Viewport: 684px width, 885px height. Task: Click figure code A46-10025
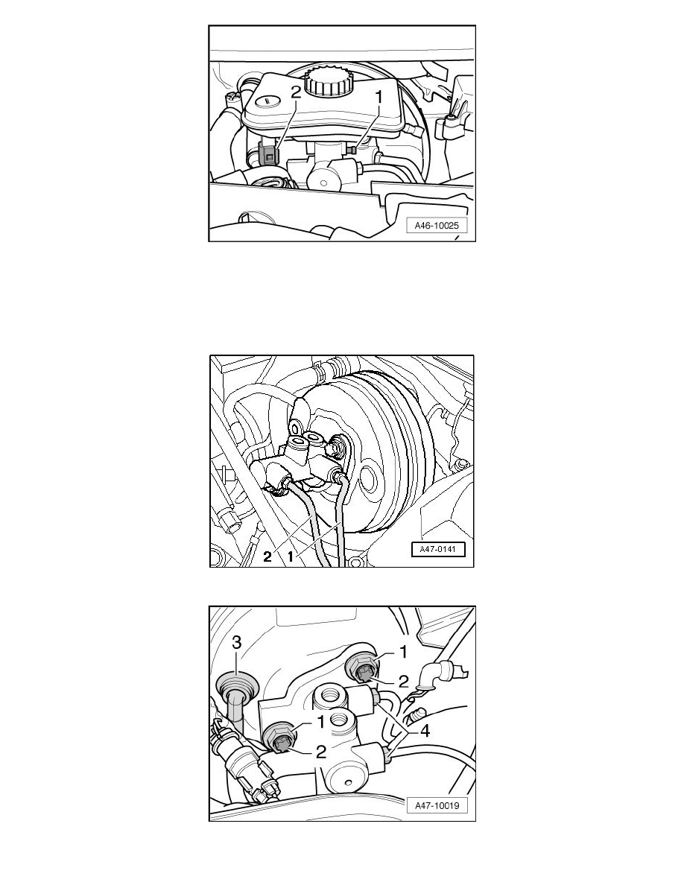[x=437, y=226]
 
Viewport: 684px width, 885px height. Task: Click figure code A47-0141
[x=439, y=548]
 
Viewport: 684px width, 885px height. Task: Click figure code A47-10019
[x=437, y=805]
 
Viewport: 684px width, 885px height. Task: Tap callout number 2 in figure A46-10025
[x=296, y=92]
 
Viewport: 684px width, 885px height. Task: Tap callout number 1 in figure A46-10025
[x=379, y=97]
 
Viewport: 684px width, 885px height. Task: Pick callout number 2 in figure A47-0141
[x=267, y=557]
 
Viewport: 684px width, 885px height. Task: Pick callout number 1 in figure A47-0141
[x=291, y=556]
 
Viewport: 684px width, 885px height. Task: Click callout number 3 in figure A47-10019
[x=237, y=642]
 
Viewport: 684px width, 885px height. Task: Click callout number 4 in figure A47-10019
[x=425, y=731]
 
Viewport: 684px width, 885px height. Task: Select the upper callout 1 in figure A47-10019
[x=403, y=653]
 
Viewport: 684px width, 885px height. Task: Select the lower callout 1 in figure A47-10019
[x=320, y=722]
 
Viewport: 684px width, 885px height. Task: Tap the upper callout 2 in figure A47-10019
[x=403, y=682]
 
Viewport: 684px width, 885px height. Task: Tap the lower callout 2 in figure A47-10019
[x=320, y=752]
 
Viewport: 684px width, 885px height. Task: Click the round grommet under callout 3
[x=236, y=685]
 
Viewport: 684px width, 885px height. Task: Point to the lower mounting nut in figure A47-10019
[x=279, y=737]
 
